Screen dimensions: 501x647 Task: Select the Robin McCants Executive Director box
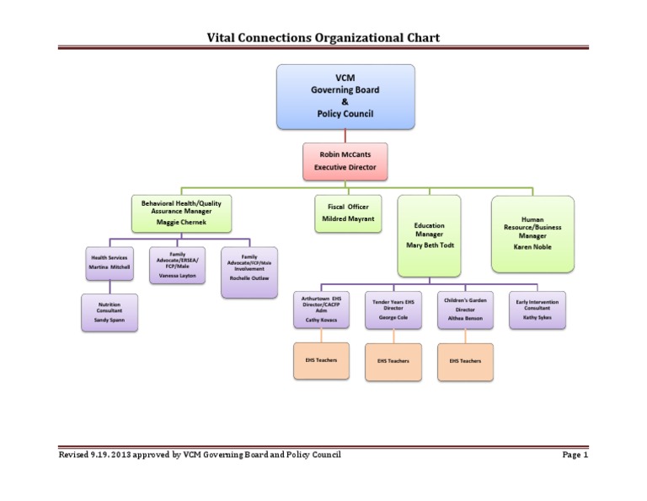pos(345,161)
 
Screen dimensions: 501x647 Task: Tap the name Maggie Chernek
pos(181,221)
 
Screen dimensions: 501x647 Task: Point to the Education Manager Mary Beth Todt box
pos(429,236)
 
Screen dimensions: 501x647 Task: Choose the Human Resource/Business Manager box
pos(532,234)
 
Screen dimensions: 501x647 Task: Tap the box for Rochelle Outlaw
pos(249,272)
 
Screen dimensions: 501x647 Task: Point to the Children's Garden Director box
pos(463,310)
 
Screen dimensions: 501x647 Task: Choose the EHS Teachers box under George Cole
pos(393,360)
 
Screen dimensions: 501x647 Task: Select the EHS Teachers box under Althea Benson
pos(465,360)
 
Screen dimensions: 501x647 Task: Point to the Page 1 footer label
pos(575,455)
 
